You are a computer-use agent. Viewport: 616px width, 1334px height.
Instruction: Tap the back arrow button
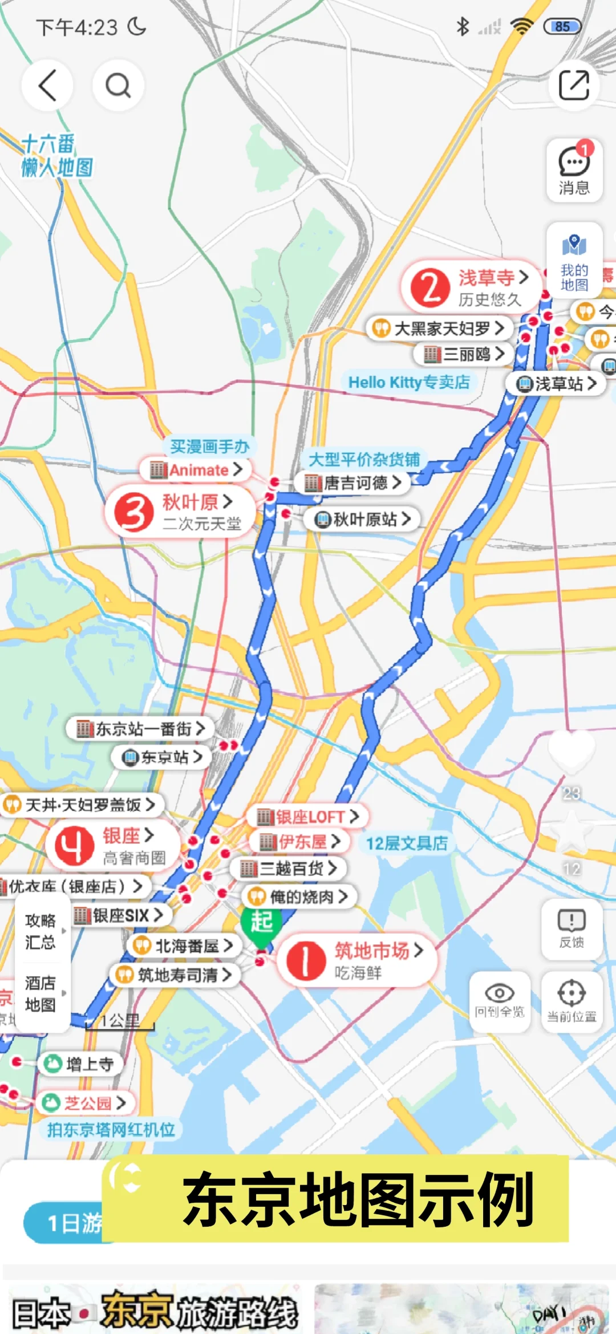(x=47, y=86)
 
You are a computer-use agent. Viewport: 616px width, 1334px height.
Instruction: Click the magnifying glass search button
(x=118, y=86)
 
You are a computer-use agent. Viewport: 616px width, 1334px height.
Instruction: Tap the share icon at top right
(x=573, y=86)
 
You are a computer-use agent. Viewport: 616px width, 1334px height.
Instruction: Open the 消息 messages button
(x=574, y=171)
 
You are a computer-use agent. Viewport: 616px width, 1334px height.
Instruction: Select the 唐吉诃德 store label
(x=353, y=483)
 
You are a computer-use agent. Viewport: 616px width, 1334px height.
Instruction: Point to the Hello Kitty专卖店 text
(x=409, y=382)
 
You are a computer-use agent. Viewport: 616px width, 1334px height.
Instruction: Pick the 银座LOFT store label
(x=308, y=817)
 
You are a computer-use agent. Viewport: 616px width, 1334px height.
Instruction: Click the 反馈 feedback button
(x=572, y=929)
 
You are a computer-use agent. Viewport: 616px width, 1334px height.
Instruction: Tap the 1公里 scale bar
(x=120, y=1023)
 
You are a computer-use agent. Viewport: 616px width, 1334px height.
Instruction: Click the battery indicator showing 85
(x=562, y=26)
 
